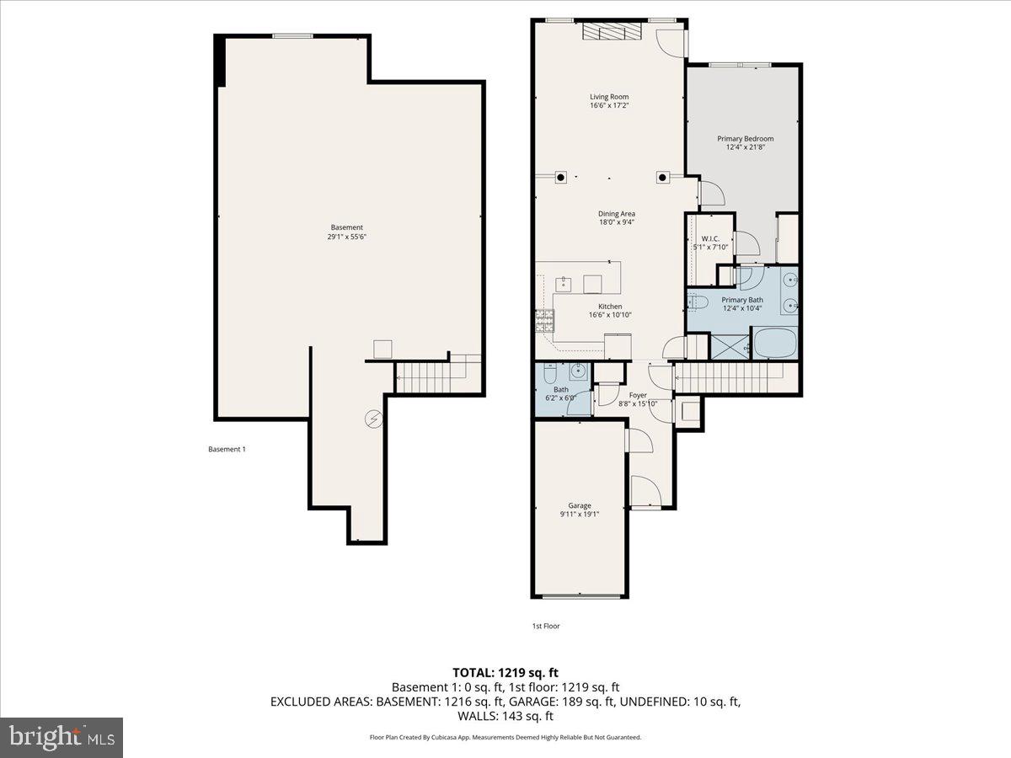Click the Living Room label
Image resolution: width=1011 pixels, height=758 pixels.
(x=608, y=97)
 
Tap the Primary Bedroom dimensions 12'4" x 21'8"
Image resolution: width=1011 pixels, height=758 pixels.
(x=745, y=147)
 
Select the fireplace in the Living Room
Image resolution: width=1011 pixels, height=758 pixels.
(x=612, y=32)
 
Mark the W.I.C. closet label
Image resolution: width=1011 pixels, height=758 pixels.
(x=709, y=238)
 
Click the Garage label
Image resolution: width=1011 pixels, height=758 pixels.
(x=579, y=505)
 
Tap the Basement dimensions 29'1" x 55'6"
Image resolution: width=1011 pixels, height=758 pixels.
(x=346, y=237)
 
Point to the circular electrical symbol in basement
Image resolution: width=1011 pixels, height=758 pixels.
(x=372, y=417)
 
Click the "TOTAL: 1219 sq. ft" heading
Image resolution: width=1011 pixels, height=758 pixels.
(x=505, y=673)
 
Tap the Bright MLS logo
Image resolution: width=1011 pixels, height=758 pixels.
(x=62, y=738)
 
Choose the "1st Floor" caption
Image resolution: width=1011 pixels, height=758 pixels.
(x=545, y=626)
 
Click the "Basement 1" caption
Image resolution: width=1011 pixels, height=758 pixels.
(x=227, y=449)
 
